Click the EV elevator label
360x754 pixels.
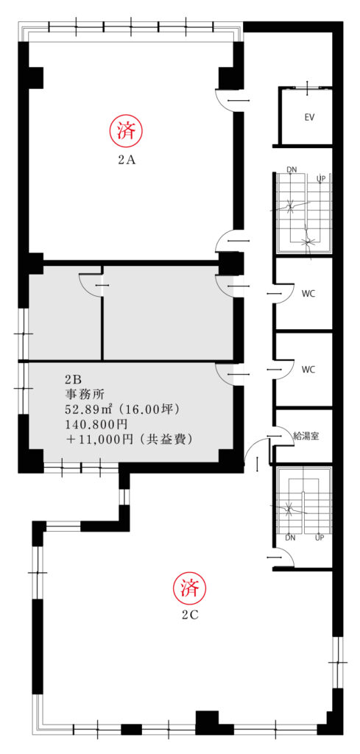tap(309, 117)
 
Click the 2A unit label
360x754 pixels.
tap(127, 161)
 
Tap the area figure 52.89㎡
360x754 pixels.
tap(89, 409)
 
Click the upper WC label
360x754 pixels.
tap(308, 295)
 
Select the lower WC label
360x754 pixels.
tap(308, 370)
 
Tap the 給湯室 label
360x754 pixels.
tap(306, 436)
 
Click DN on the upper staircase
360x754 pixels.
tap(292, 169)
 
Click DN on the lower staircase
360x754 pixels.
tap(290, 538)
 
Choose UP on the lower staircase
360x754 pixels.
tap(320, 538)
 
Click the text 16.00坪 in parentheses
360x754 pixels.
tap(149, 409)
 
